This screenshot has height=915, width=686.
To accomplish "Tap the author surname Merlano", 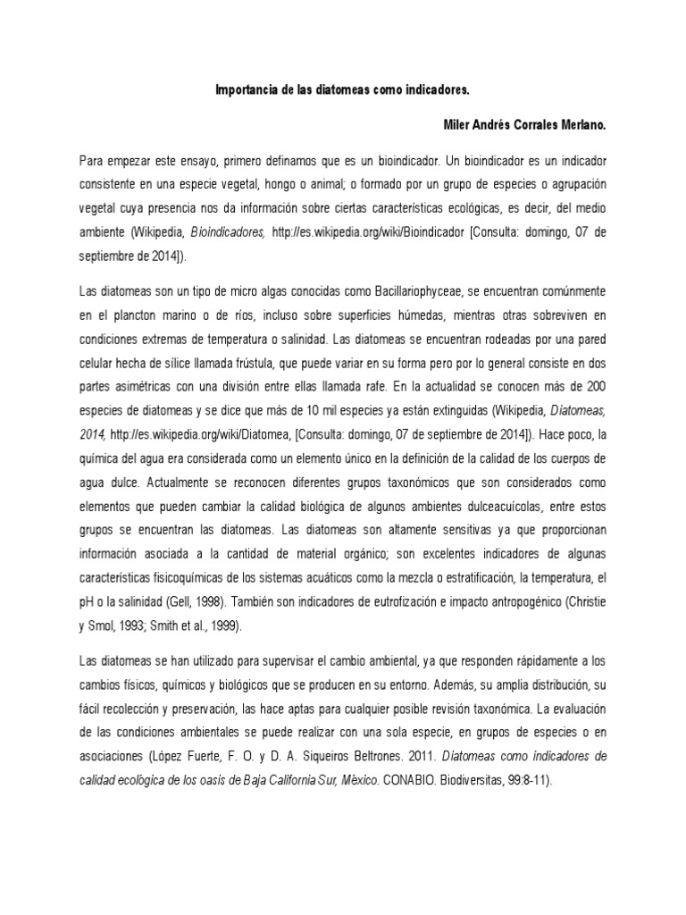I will click(581, 127).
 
